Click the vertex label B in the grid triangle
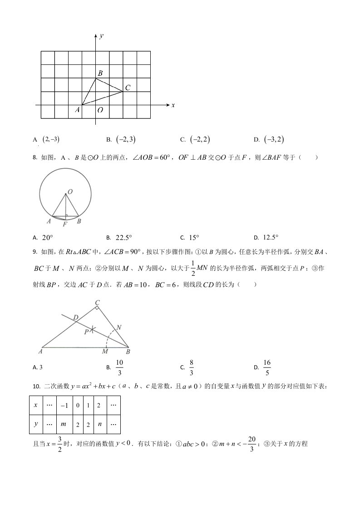[100, 73]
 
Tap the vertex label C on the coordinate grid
[128, 88]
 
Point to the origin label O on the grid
[100, 110]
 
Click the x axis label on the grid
[173, 105]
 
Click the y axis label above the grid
[101, 35]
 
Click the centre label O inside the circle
[70, 192]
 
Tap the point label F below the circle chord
[65, 224]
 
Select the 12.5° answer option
[271, 237]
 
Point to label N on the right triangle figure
[118, 327]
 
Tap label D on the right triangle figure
[75, 317]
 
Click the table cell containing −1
[64, 405]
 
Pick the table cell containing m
[64, 424]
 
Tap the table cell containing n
[99, 424]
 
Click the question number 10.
[37, 387]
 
